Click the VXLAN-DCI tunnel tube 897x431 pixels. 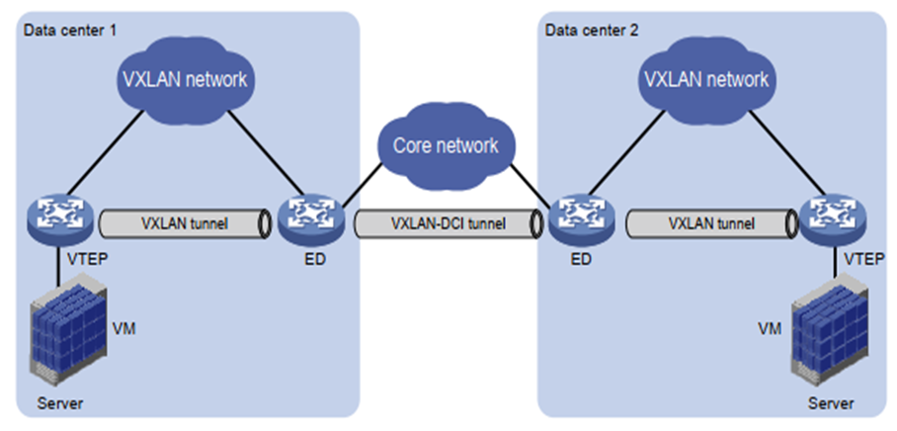click(448, 223)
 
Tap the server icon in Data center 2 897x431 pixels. click(825, 335)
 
